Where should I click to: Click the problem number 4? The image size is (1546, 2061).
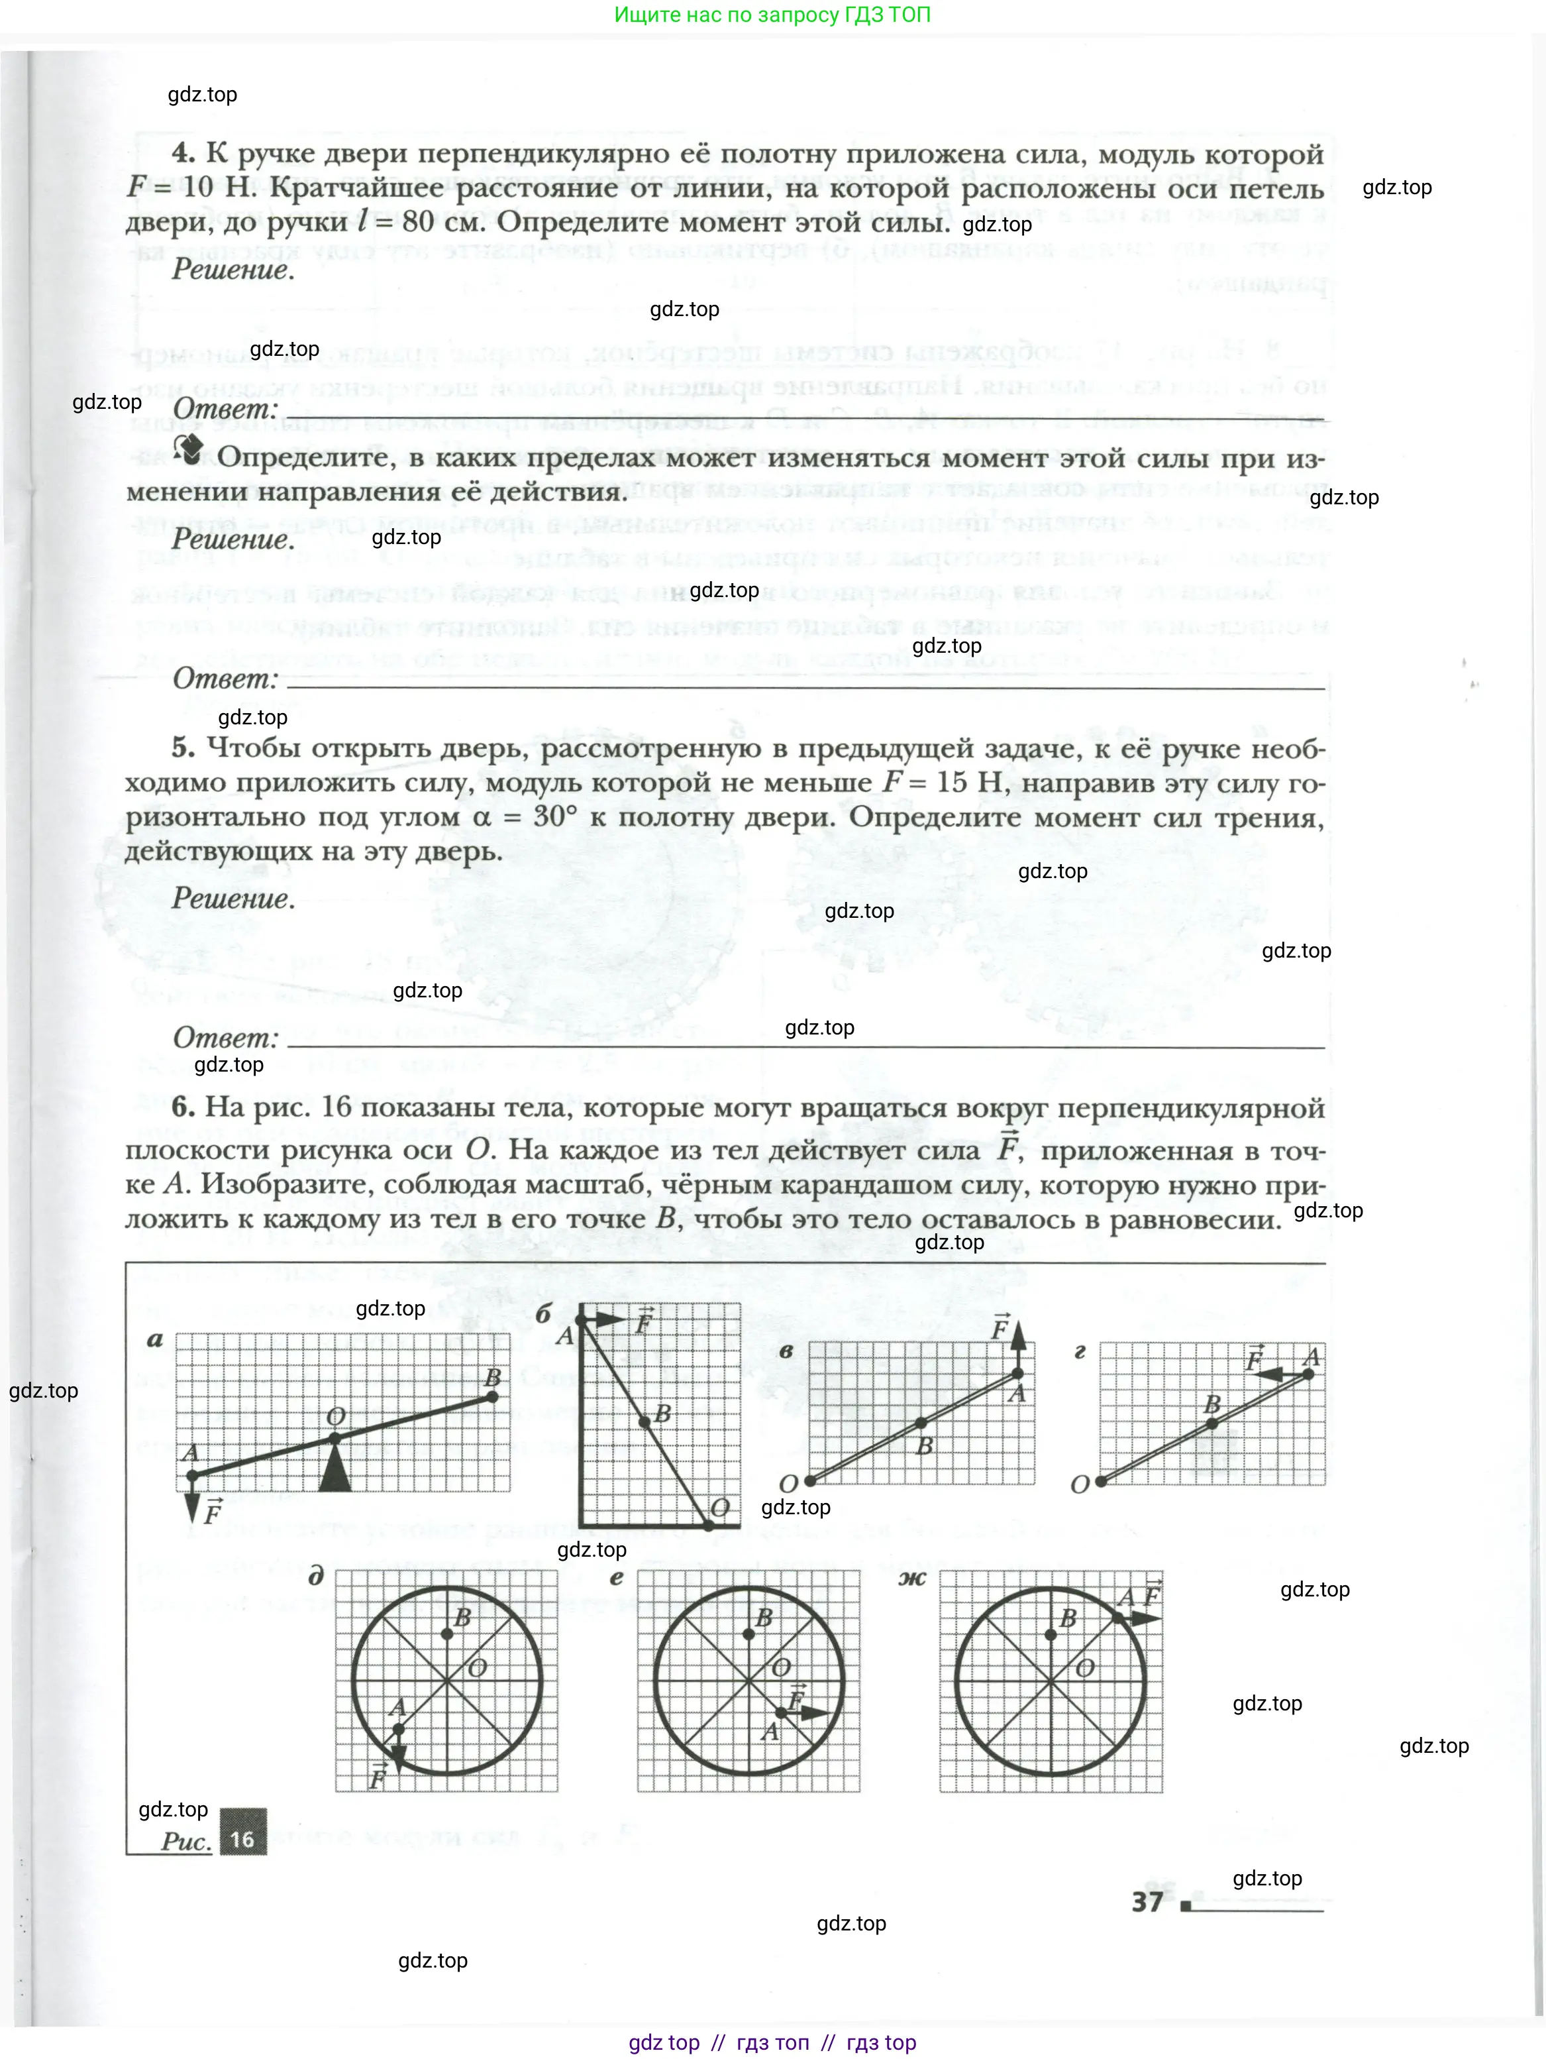pyautogui.click(x=183, y=154)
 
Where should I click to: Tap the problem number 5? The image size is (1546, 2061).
pyautogui.click(x=183, y=748)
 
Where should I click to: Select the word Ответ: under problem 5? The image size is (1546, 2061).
pyautogui.click(x=225, y=1037)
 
